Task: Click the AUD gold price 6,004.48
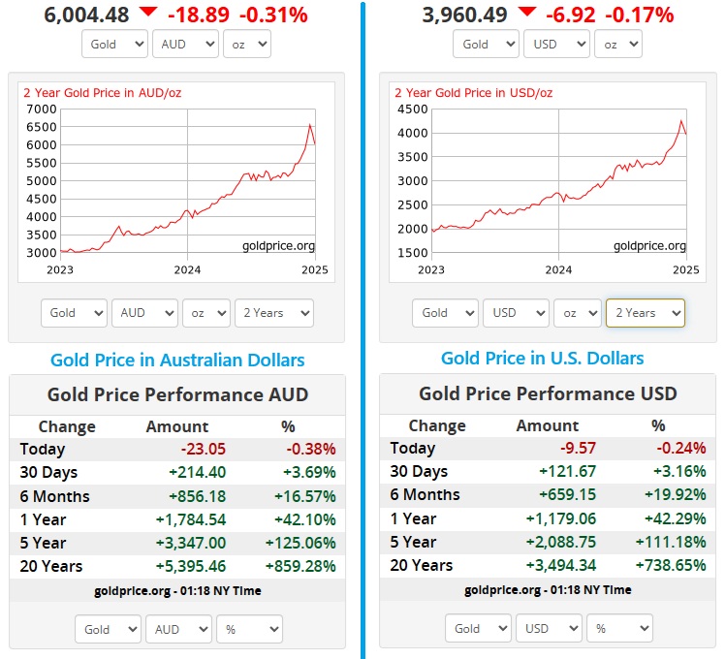click(x=86, y=15)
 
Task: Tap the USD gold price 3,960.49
click(x=464, y=15)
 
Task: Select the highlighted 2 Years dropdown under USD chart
click(x=645, y=312)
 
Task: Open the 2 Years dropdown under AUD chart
click(x=273, y=312)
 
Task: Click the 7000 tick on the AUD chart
click(x=42, y=109)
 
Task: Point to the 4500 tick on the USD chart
click(x=412, y=109)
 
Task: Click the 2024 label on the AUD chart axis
click(x=187, y=269)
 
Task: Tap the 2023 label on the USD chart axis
click(x=431, y=269)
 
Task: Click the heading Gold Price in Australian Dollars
click(x=177, y=361)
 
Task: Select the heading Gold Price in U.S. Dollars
click(x=542, y=359)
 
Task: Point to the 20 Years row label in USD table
click(x=421, y=565)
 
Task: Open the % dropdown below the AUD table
click(x=249, y=629)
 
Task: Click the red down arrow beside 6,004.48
click(x=147, y=12)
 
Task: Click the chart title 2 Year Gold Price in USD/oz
click(x=473, y=93)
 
